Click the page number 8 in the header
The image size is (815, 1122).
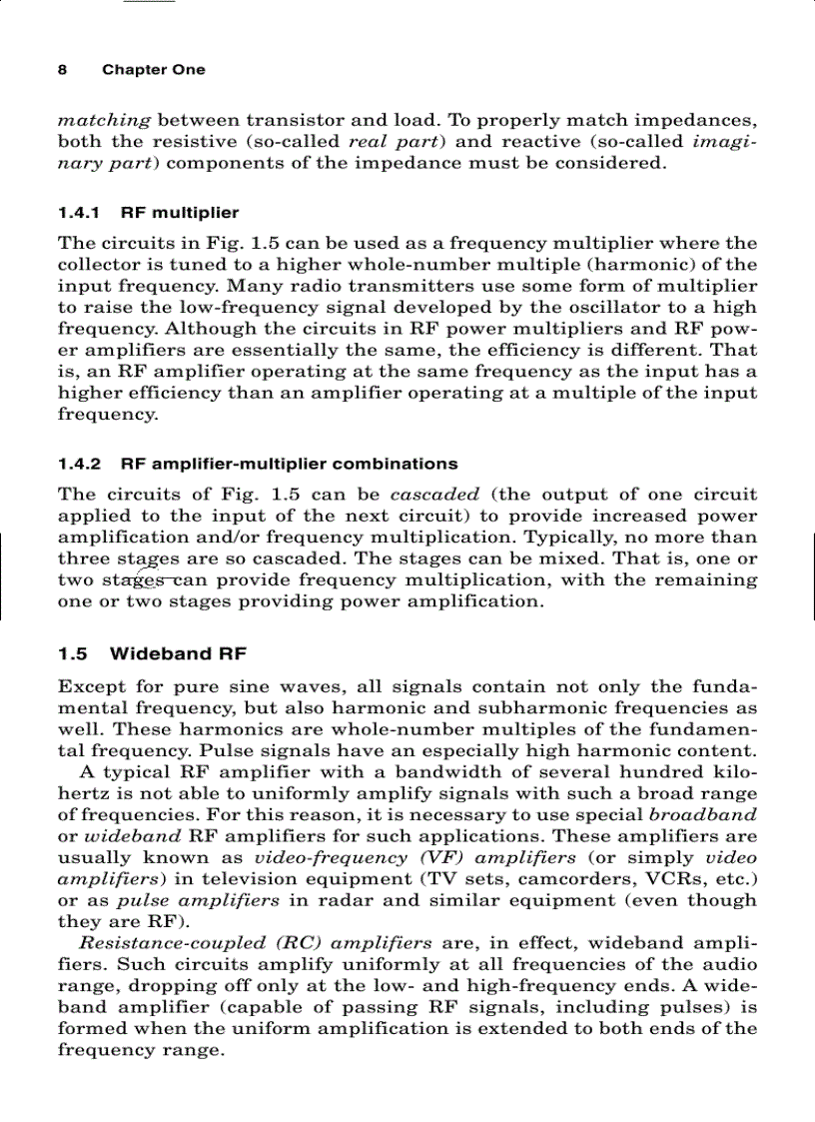[x=62, y=70]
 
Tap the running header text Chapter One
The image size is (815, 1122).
[x=153, y=70]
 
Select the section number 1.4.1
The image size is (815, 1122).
[x=79, y=213]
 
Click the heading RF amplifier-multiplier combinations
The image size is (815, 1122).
[x=289, y=464]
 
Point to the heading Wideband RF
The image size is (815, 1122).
[x=178, y=654]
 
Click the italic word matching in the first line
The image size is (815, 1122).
[x=104, y=120]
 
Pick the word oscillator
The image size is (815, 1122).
[x=575, y=308]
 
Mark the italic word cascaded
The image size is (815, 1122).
[x=434, y=495]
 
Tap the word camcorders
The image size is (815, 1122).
[x=589, y=879]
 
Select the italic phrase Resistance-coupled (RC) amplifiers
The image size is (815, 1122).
[x=255, y=943]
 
